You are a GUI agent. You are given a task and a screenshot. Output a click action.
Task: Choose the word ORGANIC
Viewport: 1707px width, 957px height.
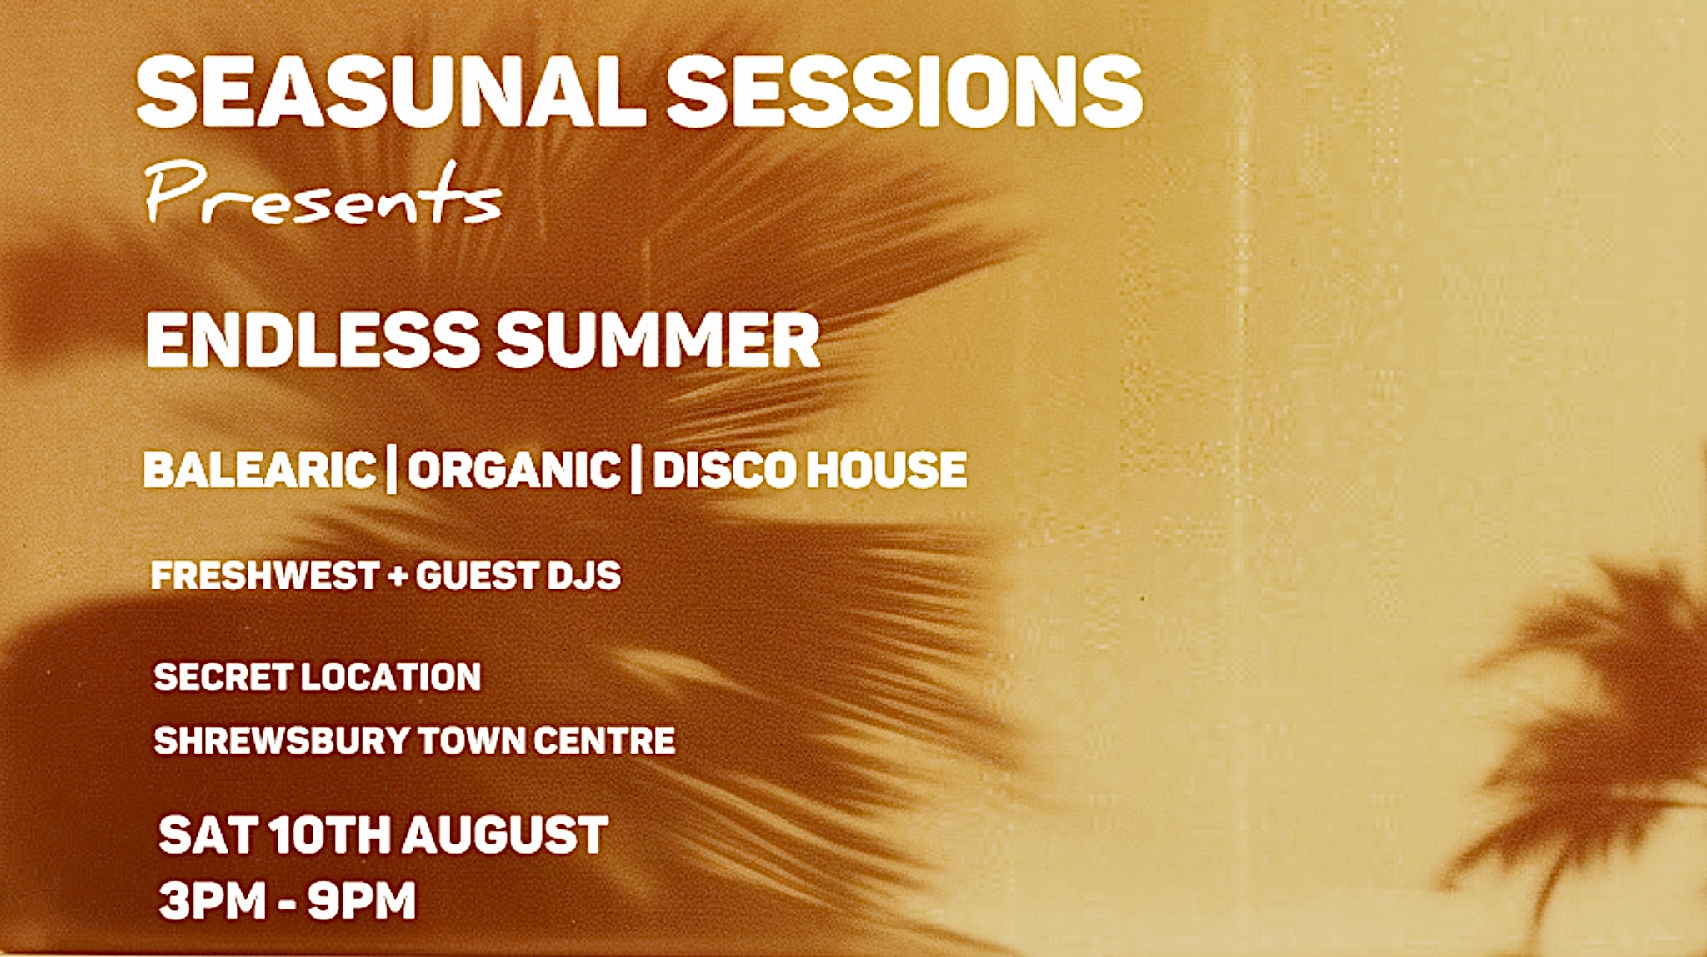point(514,469)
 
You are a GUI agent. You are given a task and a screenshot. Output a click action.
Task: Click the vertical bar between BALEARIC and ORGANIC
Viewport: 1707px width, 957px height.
point(392,471)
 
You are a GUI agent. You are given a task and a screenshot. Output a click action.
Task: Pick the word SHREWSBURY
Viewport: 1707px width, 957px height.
point(282,740)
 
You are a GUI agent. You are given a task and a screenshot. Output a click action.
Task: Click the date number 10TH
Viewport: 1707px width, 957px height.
point(330,835)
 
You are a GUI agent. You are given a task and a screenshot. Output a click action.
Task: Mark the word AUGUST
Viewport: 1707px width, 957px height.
point(507,835)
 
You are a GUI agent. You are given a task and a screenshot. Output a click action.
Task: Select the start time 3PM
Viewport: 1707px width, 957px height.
point(213,901)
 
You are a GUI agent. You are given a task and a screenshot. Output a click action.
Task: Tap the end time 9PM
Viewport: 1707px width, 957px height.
point(362,901)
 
